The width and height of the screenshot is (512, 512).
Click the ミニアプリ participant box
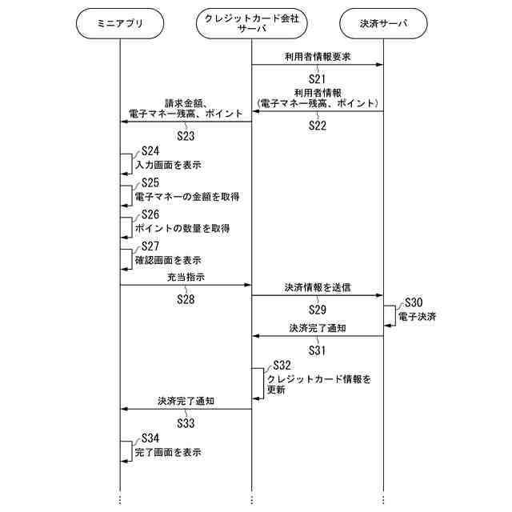[119, 23]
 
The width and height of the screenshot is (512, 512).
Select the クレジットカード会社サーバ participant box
[251, 23]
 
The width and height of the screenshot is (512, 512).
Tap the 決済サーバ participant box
[383, 23]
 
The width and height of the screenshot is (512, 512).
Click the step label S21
[318, 78]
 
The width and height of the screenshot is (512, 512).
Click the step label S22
[318, 126]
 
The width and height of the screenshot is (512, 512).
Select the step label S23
[186, 135]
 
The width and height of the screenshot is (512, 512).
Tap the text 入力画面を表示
[167, 165]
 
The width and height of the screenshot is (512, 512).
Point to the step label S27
[150, 246]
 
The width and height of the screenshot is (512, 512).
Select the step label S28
[186, 299]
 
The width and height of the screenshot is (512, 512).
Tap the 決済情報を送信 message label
[318, 286]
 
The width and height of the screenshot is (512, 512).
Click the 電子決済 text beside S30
[418, 317]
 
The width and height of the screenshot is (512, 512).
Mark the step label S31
[318, 350]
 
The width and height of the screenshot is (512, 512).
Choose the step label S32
[282, 365]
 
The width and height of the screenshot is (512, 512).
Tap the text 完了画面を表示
[167, 453]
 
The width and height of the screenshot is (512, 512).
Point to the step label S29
[318, 309]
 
